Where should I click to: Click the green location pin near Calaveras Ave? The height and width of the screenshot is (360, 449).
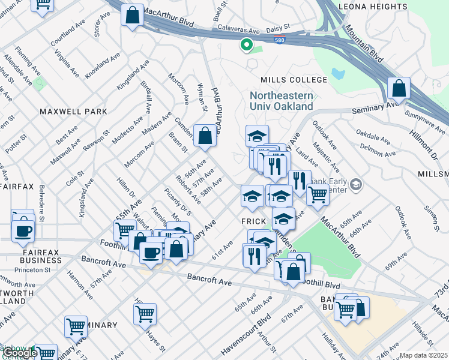click(x=246, y=44)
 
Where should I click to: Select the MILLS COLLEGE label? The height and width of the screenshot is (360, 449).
click(x=294, y=80)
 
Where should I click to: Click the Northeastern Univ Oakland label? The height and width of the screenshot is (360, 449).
click(x=282, y=101)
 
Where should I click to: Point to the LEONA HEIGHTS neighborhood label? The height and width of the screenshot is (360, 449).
click(x=373, y=7)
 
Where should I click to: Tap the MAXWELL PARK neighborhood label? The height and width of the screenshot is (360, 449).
click(x=73, y=112)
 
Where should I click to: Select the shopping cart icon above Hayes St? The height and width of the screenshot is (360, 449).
click(x=145, y=313)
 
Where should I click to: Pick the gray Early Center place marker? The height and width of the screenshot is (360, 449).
click(x=356, y=183)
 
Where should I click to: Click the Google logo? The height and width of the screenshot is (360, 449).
click(x=19, y=353)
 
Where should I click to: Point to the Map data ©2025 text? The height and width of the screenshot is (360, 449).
click(x=423, y=355)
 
